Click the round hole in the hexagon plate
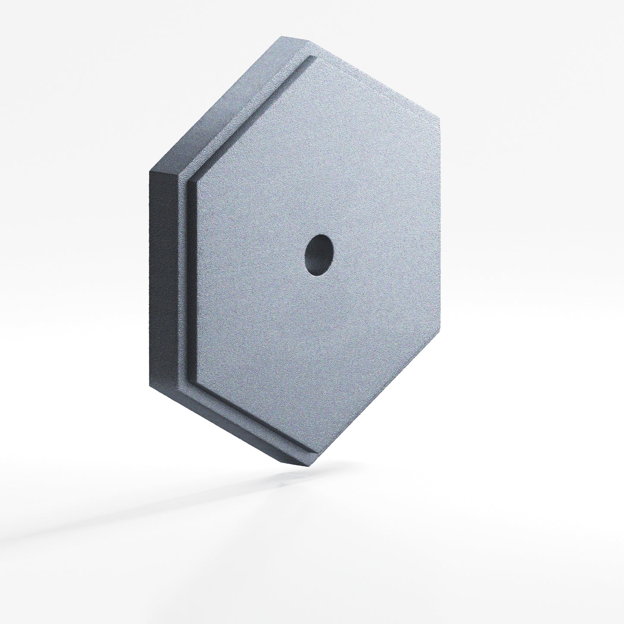coord(319,255)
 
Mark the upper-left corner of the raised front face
coord(197,181)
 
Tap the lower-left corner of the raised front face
coord(197,383)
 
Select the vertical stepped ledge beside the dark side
coord(184,281)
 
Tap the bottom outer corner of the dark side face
coord(149,385)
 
